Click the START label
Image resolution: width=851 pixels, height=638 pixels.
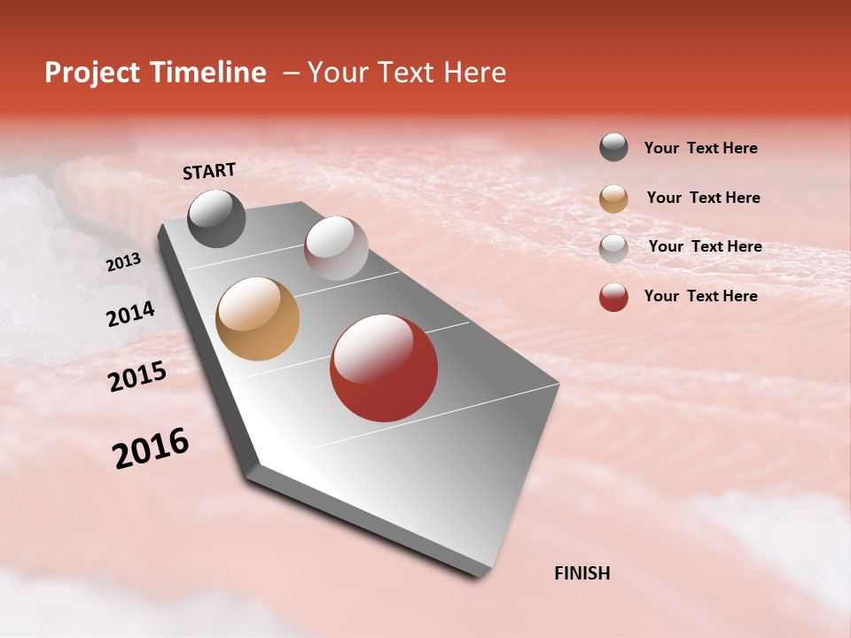[209, 171]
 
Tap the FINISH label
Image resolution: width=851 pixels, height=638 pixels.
[582, 573]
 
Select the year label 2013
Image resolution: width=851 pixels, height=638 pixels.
[124, 262]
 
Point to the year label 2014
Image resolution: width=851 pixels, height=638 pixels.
[130, 314]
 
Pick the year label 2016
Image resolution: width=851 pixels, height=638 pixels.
[151, 447]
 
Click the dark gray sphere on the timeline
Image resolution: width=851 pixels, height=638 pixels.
[216, 218]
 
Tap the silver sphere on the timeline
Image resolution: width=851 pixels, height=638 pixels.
[336, 248]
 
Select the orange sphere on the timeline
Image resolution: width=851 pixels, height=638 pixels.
[257, 319]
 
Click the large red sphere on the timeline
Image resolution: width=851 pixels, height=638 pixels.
[384, 368]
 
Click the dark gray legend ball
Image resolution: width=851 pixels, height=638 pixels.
[613, 147]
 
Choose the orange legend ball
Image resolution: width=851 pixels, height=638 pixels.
[613, 198]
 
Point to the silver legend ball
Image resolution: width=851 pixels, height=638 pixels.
[613, 248]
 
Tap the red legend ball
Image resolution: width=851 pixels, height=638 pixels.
[613, 297]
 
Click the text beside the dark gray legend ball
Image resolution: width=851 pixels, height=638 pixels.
[700, 148]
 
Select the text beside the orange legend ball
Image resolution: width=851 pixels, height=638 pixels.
[703, 198]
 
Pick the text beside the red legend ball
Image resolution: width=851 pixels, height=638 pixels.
[700, 296]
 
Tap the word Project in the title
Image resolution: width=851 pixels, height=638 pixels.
[92, 73]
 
